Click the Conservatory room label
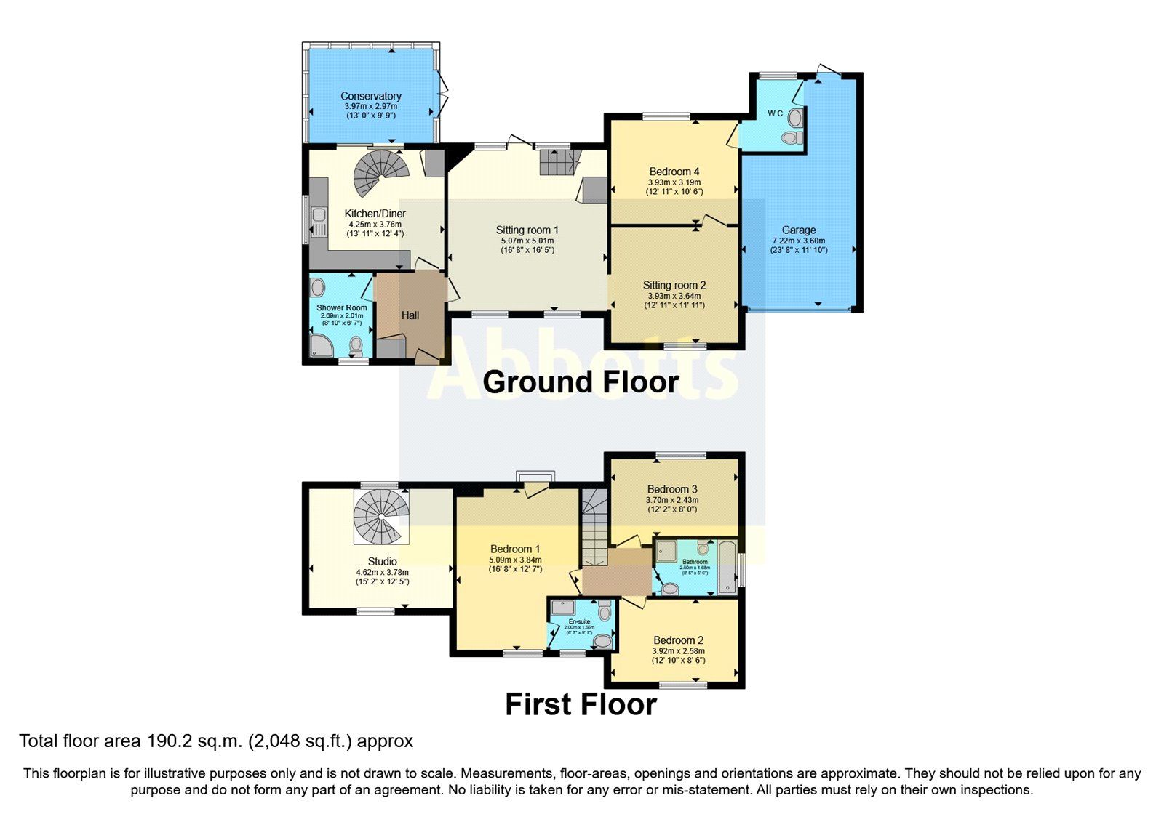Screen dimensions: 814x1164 370,96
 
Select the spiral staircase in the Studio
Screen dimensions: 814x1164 381,515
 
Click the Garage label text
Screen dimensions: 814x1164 798,230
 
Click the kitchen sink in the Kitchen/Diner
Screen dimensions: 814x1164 318,215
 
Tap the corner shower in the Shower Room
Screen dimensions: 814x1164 320,347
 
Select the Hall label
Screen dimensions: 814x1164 410,315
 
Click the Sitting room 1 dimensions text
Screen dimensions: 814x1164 527,246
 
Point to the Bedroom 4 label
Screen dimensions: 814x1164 674,172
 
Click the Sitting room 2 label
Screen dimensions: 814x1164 674,286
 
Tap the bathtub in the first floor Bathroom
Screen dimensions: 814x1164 727,568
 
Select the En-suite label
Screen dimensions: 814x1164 579,622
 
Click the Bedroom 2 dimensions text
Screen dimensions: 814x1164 678,656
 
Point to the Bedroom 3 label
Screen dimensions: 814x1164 672,489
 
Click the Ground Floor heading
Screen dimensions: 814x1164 580,382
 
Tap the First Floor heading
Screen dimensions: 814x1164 580,704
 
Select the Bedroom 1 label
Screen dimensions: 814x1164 515,549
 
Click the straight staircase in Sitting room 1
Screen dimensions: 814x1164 560,161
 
